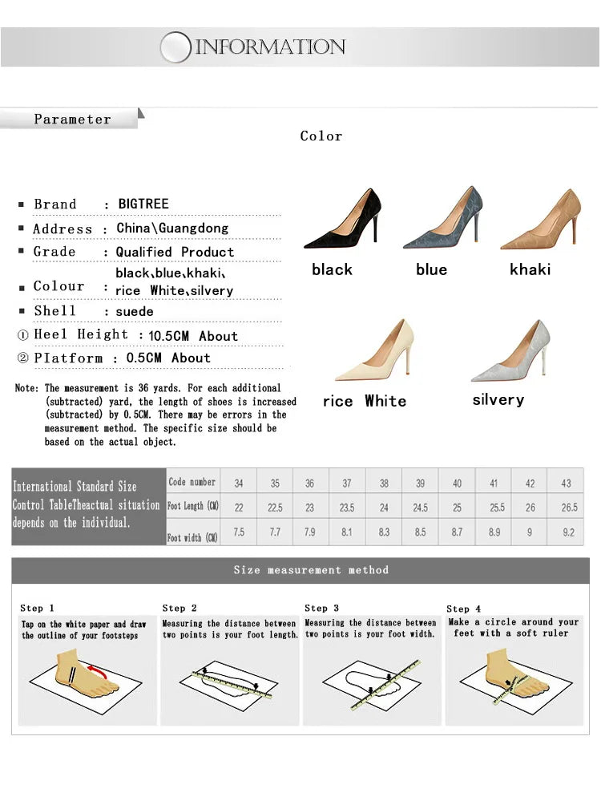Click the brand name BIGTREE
[x=143, y=204]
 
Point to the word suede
[x=135, y=311]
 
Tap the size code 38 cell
[x=384, y=484]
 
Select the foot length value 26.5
[x=569, y=508]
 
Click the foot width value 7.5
[x=239, y=532]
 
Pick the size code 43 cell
[x=567, y=484]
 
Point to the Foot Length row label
[x=192, y=507]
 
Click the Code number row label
[x=192, y=482]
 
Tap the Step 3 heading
[x=322, y=609]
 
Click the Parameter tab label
[x=72, y=119]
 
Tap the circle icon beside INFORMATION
[x=175, y=47]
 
